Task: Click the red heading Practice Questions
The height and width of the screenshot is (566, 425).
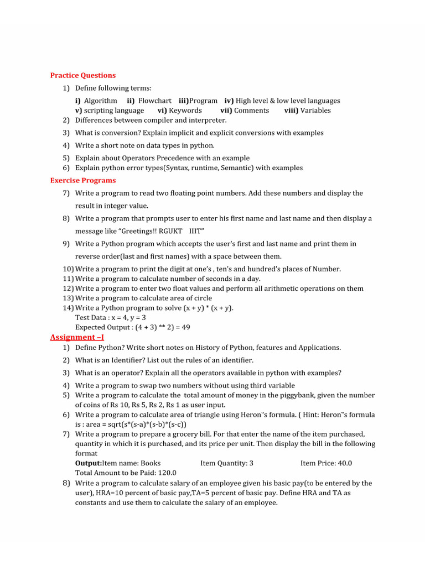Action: tap(83, 75)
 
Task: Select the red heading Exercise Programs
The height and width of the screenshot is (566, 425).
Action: tap(83, 180)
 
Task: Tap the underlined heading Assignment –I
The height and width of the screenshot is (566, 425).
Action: tap(77, 337)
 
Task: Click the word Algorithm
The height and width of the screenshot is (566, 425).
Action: tap(101, 101)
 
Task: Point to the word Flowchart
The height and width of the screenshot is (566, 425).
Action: tap(155, 101)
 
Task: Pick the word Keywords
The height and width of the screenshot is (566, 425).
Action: tap(185, 111)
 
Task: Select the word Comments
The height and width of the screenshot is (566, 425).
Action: tap(252, 111)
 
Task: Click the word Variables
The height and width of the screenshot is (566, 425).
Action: tap(315, 111)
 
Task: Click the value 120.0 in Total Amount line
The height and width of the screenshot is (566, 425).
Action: tap(166, 473)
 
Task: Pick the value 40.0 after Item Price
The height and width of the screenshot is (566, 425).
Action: tap(342, 463)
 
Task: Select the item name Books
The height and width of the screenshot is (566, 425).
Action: tap(151, 463)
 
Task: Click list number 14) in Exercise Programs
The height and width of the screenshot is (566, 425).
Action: tap(68, 308)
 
